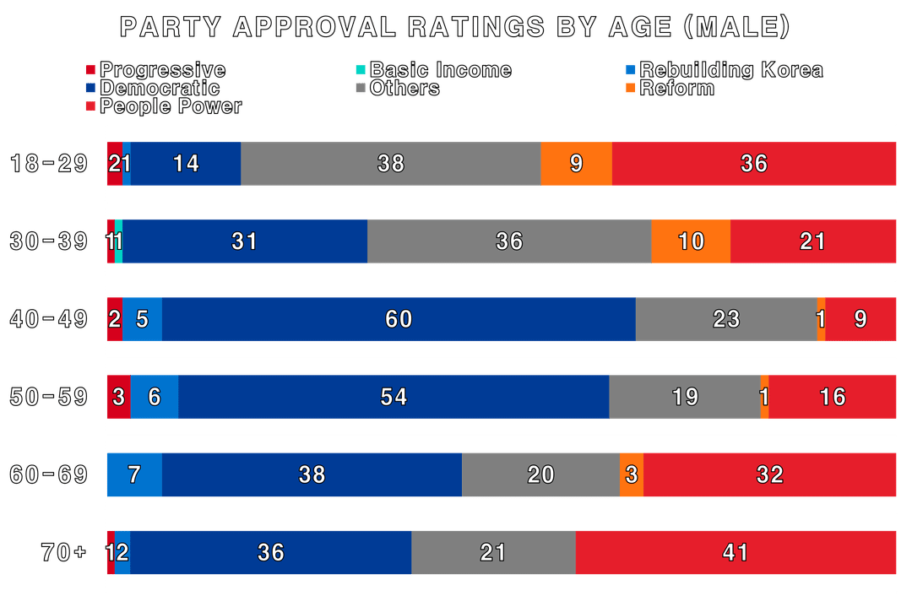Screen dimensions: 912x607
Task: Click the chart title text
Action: click(454, 27)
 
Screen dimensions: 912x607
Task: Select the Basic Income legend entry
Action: click(434, 70)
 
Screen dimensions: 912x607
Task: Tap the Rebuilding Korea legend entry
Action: click(725, 70)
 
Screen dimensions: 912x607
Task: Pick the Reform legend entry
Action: click(670, 88)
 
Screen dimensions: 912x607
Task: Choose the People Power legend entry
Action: click(164, 106)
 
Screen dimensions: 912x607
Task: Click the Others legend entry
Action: click(398, 88)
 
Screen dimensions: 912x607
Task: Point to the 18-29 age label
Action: click(49, 164)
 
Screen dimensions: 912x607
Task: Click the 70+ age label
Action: click(63, 552)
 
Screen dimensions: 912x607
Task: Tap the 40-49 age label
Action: click(49, 319)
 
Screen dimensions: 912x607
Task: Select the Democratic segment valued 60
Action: click(399, 319)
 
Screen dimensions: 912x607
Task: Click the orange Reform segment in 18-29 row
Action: click(577, 164)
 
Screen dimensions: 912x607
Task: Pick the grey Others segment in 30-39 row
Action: click(509, 241)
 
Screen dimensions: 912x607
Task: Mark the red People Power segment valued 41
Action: click(736, 552)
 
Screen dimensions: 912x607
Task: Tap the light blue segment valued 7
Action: click(135, 474)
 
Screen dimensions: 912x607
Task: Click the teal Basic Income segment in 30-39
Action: click(119, 241)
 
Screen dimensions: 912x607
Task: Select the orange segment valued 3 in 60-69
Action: click(632, 474)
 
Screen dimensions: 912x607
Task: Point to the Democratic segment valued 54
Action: click(394, 397)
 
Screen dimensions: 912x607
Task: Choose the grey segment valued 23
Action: click(726, 319)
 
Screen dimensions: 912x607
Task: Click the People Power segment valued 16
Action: click(833, 397)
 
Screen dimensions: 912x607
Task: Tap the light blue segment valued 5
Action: click(143, 319)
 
